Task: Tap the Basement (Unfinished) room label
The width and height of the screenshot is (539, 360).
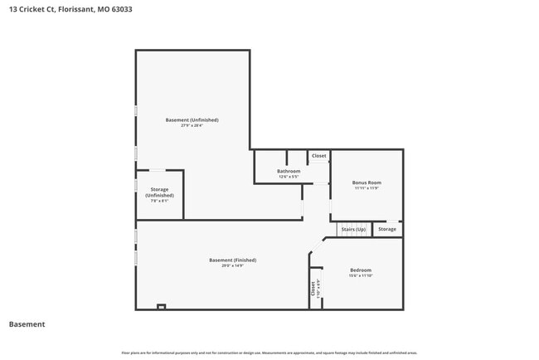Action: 192,120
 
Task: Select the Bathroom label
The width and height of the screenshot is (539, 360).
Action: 289,171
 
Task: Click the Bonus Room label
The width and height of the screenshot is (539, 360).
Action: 367,182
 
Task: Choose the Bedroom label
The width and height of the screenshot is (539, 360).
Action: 361,270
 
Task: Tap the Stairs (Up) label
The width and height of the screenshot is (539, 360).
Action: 353,229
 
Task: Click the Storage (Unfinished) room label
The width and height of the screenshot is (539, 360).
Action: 159,192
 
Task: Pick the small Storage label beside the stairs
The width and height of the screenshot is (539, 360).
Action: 387,229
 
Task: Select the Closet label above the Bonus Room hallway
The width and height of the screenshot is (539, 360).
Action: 318,156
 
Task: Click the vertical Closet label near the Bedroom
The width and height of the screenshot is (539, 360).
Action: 313,288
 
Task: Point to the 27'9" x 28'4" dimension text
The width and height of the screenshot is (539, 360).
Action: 192,126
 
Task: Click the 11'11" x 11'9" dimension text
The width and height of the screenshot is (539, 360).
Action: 367,188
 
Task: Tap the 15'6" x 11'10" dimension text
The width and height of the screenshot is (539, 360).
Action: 361,275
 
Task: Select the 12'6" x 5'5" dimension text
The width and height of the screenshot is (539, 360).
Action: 289,177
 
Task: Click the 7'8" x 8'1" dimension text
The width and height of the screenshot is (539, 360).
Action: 159,201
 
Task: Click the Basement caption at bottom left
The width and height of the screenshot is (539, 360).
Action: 27,324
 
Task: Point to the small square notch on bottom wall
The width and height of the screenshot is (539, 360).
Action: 162,307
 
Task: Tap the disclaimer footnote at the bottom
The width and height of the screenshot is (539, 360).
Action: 269,353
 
